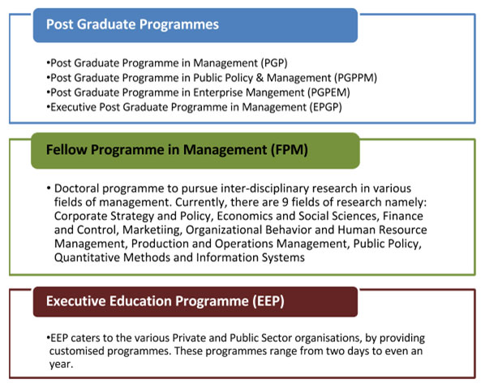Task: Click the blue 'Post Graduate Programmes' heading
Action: (132, 24)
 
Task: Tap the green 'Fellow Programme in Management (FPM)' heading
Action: (177, 150)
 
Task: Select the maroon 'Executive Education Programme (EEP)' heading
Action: (165, 301)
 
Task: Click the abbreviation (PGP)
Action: (274, 63)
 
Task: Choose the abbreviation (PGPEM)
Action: (328, 93)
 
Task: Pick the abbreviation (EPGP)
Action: (326, 107)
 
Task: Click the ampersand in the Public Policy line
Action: (260, 78)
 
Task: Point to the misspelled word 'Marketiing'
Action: (152, 230)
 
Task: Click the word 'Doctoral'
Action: (76, 188)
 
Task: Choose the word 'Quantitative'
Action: (87, 257)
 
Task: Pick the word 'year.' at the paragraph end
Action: (62, 364)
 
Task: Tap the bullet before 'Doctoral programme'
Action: (49, 188)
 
